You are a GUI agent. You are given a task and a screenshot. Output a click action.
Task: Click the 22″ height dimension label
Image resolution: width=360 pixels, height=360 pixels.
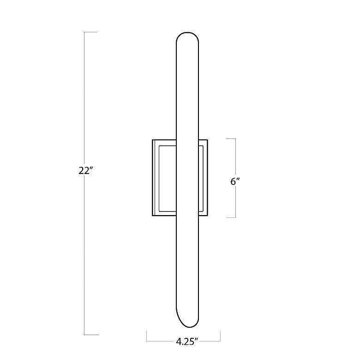point(85,171)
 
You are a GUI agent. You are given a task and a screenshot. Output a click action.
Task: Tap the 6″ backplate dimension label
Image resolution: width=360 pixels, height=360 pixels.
point(235,181)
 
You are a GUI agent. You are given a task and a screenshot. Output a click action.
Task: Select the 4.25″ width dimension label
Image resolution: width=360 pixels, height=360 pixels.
point(187,342)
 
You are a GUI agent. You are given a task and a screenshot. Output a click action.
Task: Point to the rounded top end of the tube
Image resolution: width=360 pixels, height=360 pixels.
point(187,33)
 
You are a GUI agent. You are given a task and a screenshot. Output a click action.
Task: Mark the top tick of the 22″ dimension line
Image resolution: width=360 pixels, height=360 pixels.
point(90,32)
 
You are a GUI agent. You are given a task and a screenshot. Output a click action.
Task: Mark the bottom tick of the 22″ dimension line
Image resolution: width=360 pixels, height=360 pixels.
point(91,335)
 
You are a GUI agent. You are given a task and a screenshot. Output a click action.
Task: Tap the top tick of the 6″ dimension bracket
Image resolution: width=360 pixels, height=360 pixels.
point(231,138)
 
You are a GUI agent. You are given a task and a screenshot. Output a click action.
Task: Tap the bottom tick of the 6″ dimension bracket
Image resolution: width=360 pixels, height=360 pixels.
point(231,217)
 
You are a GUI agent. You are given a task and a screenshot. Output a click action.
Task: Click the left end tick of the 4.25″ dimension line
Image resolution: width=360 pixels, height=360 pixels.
point(147,336)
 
